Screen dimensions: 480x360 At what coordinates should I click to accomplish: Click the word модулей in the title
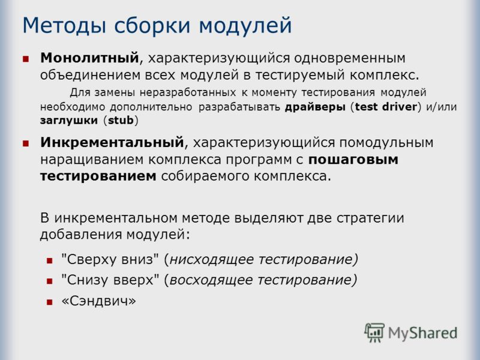pyautogui.click(x=245, y=26)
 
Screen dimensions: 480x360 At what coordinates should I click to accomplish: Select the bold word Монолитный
pyautogui.click(x=89, y=58)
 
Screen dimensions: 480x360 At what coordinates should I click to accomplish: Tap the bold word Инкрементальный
pyautogui.click(x=112, y=143)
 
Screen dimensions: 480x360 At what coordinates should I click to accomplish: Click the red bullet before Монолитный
pyautogui.click(x=26, y=59)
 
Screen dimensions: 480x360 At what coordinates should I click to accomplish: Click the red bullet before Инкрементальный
pyautogui.click(x=26, y=143)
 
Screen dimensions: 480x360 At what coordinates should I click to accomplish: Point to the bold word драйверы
pyautogui.click(x=315, y=107)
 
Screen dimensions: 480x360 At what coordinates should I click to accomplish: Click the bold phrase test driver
pyautogui.click(x=386, y=107)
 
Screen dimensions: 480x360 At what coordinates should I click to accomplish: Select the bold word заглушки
pyautogui.click(x=69, y=121)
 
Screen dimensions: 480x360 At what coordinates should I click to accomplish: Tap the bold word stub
pyautogui.click(x=121, y=120)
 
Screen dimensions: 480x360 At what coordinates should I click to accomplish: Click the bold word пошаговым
pyautogui.click(x=353, y=160)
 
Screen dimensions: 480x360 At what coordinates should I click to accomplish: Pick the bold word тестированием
pyautogui.click(x=98, y=176)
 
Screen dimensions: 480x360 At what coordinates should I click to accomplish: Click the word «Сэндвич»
pyautogui.click(x=98, y=301)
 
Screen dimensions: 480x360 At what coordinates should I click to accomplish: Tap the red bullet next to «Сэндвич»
pyautogui.click(x=50, y=302)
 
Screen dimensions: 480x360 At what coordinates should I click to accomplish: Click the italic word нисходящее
pyautogui.click(x=212, y=260)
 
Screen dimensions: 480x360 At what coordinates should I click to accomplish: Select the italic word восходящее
pyautogui.click(x=211, y=280)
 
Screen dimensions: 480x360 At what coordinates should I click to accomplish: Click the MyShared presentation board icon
pyautogui.click(x=374, y=332)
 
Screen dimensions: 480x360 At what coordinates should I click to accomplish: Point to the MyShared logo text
pyautogui.click(x=423, y=333)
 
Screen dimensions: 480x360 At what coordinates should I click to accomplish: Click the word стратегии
pyautogui.click(x=370, y=218)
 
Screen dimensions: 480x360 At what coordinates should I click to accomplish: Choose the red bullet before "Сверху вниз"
pyautogui.click(x=50, y=261)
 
